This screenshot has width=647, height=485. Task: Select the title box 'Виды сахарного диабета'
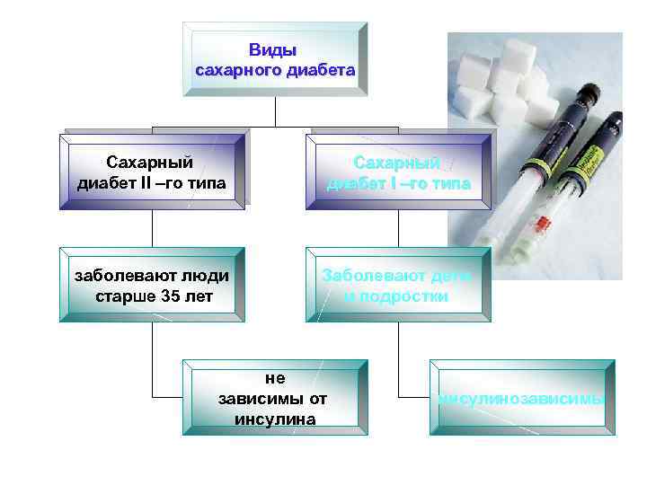[275, 59]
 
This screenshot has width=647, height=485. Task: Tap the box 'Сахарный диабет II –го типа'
[151, 172]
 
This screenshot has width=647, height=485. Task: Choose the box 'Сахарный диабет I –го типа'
[398, 172]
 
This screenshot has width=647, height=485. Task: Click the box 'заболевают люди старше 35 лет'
[151, 285]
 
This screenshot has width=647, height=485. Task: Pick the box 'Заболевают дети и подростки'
[398, 285]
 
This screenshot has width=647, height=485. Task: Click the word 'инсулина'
[274, 418]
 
